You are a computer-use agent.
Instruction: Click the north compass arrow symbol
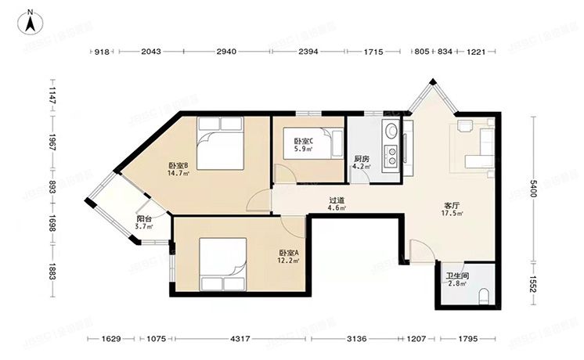[x=30, y=21]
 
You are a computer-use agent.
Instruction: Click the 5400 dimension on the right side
[x=532, y=188]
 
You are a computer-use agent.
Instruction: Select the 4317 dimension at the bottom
[x=243, y=339]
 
